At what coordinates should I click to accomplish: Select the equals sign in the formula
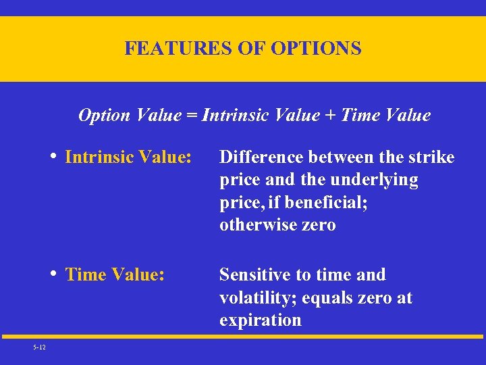coord(192,116)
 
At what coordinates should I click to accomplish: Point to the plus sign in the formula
coord(330,116)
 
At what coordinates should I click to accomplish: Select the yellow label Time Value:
coord(115,275)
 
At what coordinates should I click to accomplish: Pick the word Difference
coord(262,157)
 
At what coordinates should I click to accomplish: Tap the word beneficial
coord(323,203)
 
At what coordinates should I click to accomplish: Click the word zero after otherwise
coord(319,225)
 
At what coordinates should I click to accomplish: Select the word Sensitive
coord(254,275)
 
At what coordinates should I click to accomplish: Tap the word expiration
coord(260,320)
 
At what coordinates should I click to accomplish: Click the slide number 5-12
coord(38,347)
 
